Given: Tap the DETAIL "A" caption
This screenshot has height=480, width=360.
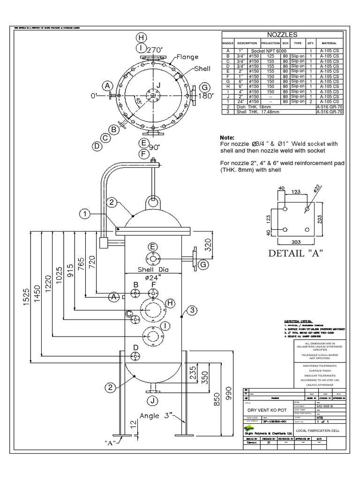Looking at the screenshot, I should pyautogui.click(x=296, y=254).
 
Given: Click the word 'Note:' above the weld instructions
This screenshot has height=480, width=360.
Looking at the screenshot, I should pyautogui.click(x=227, y=138).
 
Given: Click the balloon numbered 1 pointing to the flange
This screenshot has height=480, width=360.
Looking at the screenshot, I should pyautogui.click(x=85, y=214).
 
